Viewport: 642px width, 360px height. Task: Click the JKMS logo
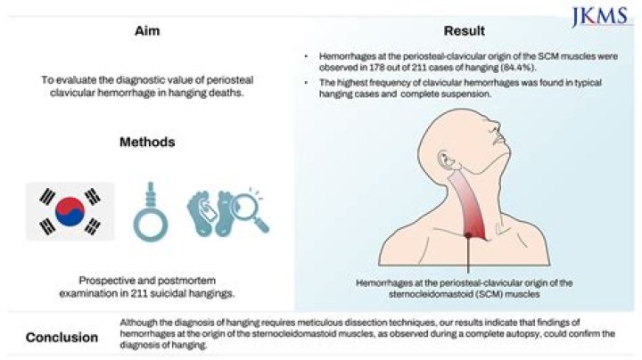[x=600, y=17]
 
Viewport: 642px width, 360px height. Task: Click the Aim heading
[x=147, y=31]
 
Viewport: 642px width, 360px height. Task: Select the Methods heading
[x=147, y=142]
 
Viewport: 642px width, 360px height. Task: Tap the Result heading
[x=465, y=31]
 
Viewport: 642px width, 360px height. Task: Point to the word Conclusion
[x=62, y=338]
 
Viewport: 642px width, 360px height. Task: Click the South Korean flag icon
[x=70, y=211]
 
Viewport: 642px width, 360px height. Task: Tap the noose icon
[x=151, y=211]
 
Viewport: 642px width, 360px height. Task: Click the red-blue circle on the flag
[x=70, y=211]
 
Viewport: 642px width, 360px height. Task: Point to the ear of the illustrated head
[x=444, y=160]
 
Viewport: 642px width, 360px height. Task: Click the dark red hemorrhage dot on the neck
[x=468, y=235]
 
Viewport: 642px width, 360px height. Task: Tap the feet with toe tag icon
[x=210, y=213]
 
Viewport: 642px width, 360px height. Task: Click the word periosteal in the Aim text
[x=230, y=80]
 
